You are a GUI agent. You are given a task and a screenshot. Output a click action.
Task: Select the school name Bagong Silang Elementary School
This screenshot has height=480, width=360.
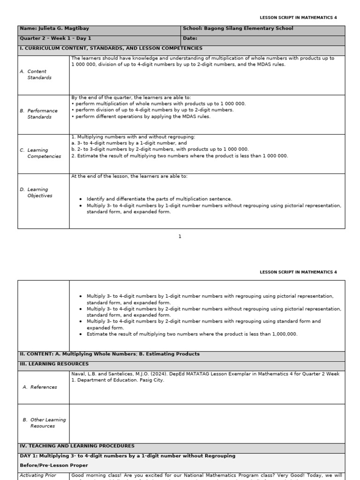click(x=248, y=29)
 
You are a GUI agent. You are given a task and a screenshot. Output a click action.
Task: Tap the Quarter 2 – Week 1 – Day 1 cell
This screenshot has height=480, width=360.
click(x=56, y=39)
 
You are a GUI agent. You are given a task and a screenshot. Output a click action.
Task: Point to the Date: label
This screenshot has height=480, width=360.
click(x=190, y=39)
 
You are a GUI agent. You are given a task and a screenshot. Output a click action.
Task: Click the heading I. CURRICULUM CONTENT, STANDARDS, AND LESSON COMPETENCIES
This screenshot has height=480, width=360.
click(x=111, y=48)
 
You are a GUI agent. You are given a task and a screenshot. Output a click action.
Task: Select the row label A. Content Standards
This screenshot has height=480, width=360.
click(x=39, y=75)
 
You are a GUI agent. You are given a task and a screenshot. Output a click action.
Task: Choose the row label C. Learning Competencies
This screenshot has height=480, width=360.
click(x=44, y=153)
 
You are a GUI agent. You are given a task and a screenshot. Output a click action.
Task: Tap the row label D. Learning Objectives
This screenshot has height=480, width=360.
click(x=40, y=193)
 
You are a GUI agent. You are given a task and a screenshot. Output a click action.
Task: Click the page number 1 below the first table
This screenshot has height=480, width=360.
click(x=180, y=237)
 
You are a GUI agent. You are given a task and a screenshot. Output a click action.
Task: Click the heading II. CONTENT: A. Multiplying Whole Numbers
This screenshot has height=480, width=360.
click(x=109, y=354)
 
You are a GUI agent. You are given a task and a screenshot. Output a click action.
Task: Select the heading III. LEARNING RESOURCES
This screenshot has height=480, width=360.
click(x=54, y=364)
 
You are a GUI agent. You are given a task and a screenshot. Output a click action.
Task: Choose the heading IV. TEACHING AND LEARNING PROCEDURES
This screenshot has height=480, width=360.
click(x=77, y=446)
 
